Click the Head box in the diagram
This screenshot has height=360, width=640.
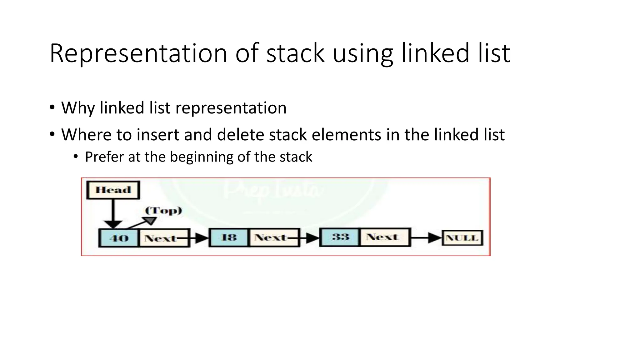(x=113, y=190)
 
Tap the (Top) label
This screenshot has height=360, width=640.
(x=163, y=210)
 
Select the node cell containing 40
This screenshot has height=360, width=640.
(x=119, y=238)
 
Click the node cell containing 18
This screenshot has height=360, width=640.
(x=229, y=237)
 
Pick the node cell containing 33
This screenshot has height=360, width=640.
(x=340, y=237)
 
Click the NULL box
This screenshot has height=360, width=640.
(x=462, y=238)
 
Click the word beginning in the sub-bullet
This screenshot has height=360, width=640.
(x=201, y=157)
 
